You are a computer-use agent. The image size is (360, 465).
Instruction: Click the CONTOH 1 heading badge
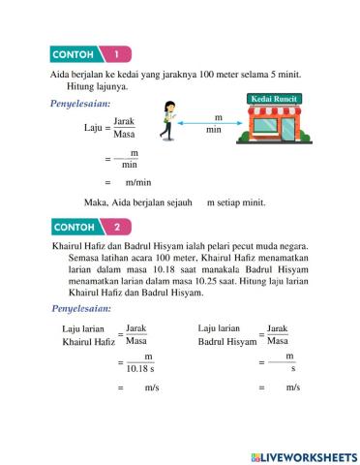[x=88, y=55]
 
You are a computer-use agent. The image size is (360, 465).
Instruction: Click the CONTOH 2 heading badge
[x=88, y=229]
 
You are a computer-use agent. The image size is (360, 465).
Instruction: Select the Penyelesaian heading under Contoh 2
[x=86, y=309]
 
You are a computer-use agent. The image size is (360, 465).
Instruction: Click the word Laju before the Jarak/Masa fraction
[x=93, y=127]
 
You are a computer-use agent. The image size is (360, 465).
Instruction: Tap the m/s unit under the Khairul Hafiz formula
[x=150, y=387]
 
